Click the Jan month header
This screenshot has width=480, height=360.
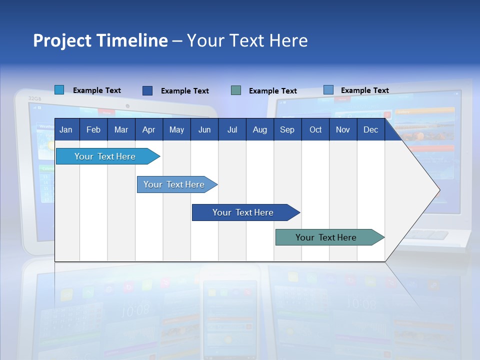66,129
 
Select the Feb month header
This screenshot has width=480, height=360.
93,129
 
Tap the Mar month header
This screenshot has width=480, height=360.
121,129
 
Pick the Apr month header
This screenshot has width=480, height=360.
148,129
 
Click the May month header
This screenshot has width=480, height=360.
176,129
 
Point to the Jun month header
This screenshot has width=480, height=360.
204,129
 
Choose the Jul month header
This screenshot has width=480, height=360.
232,129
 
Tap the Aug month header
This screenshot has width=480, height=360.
259,129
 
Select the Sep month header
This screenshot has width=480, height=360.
287,129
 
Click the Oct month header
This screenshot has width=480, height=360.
315,129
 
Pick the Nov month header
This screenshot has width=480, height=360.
343,129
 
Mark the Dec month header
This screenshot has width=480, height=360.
370,129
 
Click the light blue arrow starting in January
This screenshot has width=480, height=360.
105,156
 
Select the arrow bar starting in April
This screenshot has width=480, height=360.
174,184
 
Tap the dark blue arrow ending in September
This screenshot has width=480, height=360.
243,212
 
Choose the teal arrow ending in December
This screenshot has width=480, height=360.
326,237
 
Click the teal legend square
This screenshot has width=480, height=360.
236,90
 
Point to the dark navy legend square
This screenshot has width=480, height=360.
147,90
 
